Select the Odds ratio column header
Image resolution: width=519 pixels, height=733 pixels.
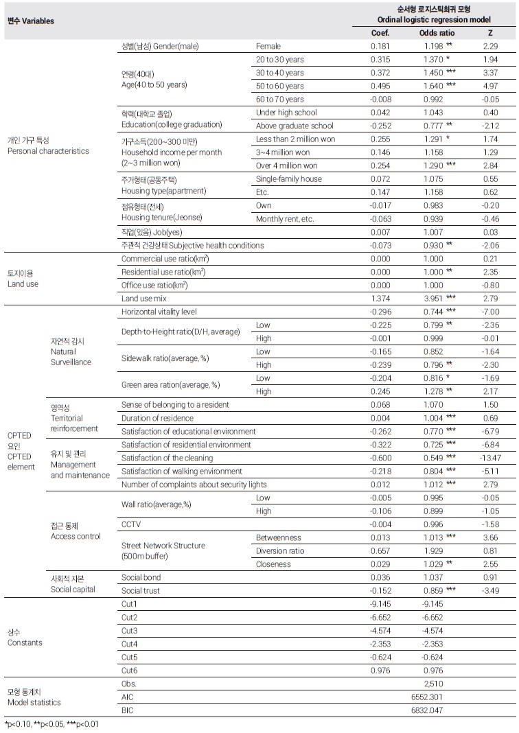[x=433, y=33]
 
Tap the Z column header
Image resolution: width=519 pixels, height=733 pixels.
[x=489, y=33]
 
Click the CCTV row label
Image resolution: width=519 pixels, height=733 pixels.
[x=131, y=524]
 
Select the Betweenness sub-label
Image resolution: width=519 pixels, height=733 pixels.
[x=279, y=537]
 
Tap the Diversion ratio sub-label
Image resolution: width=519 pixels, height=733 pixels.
[x=281, y=550]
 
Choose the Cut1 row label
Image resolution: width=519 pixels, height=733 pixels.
[x=129, y=604]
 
